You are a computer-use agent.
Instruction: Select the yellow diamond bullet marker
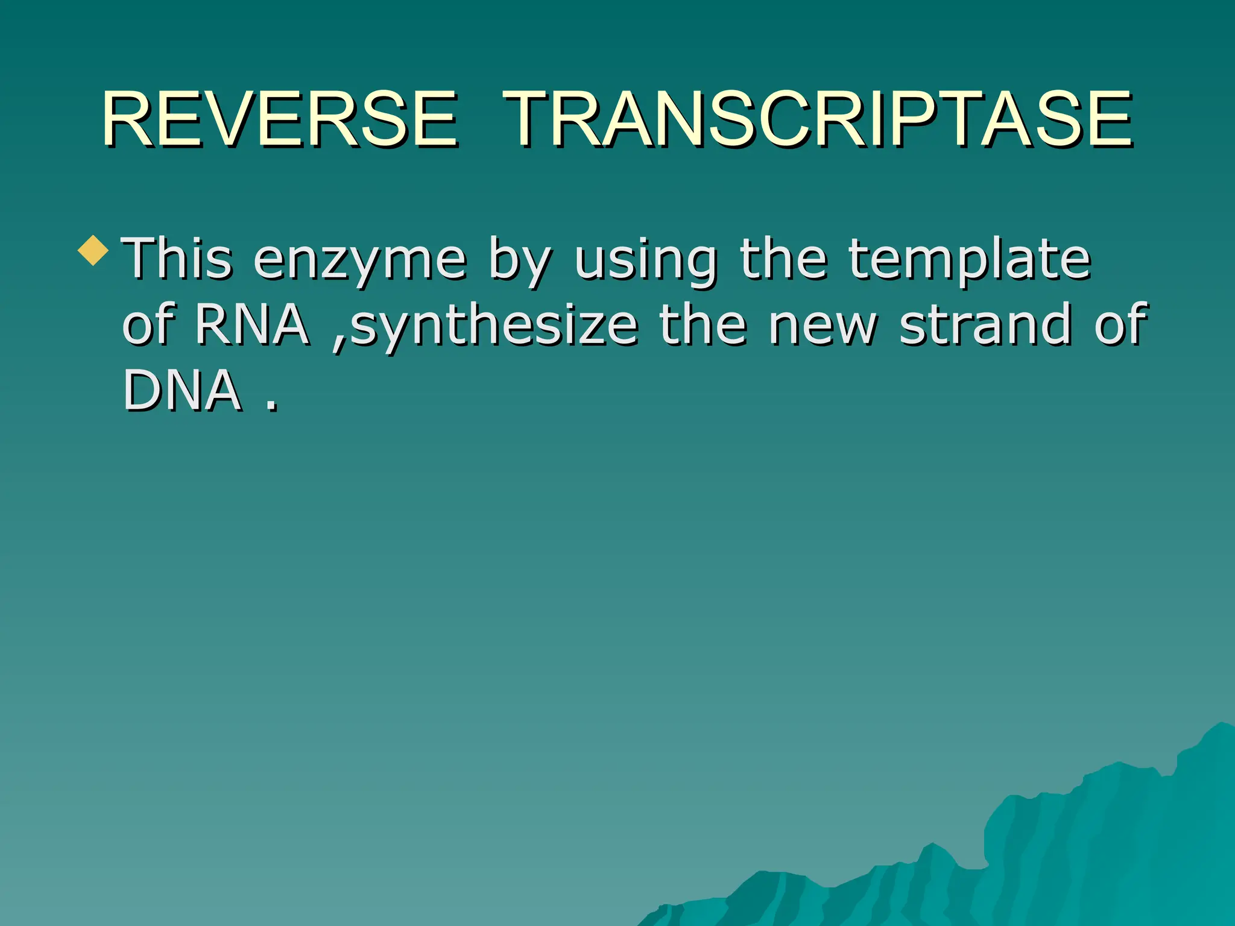(93, 250)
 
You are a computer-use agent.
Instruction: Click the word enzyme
(360, 260)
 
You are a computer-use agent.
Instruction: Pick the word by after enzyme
(520, 260)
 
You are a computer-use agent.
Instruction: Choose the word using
(646, 260)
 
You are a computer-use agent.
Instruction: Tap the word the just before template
(783, 259)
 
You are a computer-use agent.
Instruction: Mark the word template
(970, 260)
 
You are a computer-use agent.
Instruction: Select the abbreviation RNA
(251, 325)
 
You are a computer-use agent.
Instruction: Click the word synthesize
(494, 326)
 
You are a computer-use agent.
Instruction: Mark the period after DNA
(272, 408)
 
